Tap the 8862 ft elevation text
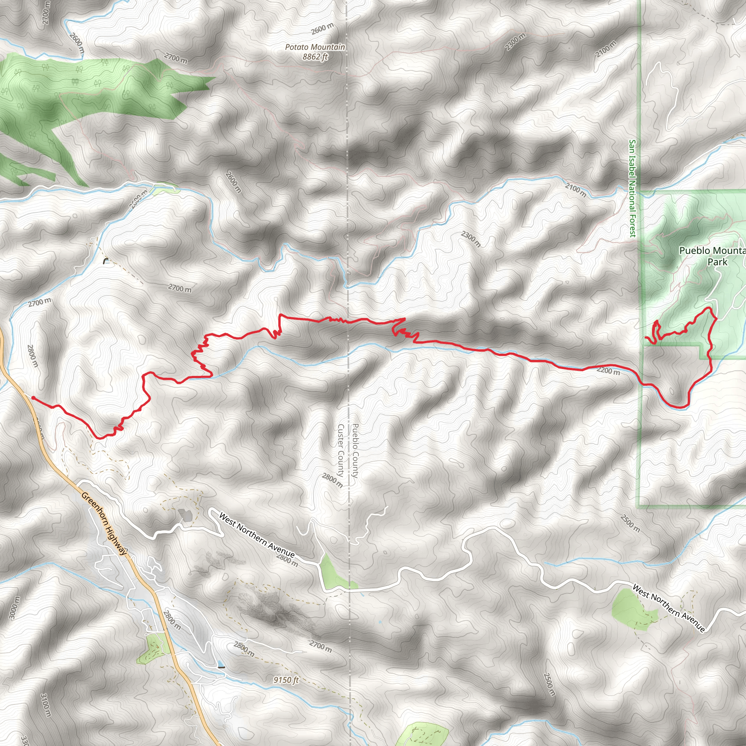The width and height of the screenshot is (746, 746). pyautogui.click(x=315, y=57)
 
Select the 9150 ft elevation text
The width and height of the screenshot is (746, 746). pyautogui.click(x=286, y=680)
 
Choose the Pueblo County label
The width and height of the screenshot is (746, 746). pyautogui.click(x=355, y=451)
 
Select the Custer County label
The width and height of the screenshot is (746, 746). pyautogui.click(x=341, y=451)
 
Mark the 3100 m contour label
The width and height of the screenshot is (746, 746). pyautogui.click(x=46, y=705)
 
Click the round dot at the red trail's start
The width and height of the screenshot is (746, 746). pyautogui.click(x=33, y=398)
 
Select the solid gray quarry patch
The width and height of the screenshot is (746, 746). pyautogui.click(x=185, y=515)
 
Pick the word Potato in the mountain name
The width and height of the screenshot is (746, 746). pyautogui.click(x=296, y=47)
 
